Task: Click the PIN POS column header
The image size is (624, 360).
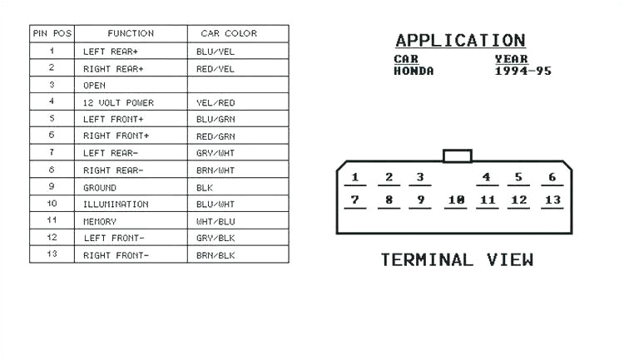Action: click(52, 33)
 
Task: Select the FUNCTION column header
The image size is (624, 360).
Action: click(131, 33)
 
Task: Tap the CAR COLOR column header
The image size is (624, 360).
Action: click(229, 33)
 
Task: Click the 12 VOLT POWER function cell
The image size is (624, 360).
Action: click(118, 102)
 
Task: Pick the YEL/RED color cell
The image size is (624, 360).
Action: click(215, 102)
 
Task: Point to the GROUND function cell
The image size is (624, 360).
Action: click(100, 188)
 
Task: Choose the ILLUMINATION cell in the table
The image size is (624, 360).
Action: click(116, 205)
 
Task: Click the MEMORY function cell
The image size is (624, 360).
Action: click(100, 222)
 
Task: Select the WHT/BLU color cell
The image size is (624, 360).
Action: click(215, 222)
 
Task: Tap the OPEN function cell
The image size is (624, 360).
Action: click(94, 85)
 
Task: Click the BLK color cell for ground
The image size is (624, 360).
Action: click(205, 188)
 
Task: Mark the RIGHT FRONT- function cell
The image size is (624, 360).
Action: click(116, 255)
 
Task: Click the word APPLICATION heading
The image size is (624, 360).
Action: click(460, 40)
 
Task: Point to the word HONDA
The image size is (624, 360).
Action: click(414, 72)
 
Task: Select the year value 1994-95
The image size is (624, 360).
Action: click(522, 72)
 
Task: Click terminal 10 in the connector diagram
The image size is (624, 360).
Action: click(455, 200)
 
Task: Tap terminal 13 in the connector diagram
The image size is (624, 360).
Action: click(552, 200)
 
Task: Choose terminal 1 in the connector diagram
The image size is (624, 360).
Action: click(355, 177)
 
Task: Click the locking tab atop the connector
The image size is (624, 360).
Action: click(458, 155)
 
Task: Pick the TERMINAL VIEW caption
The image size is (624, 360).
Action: click(457, 260)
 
